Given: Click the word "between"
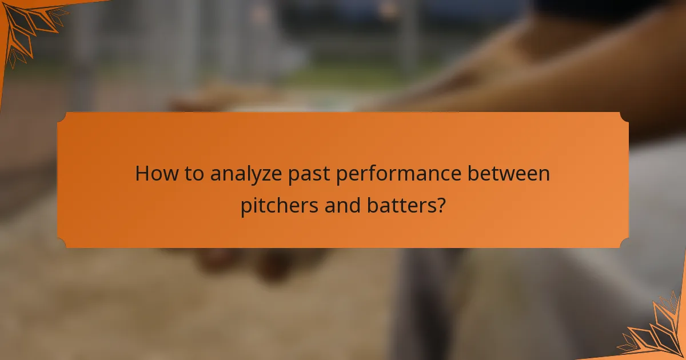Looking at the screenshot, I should [x=510, y=174].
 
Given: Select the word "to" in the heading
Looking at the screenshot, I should [x=192, y=174].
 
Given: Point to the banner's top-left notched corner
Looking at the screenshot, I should [x=62, y=117].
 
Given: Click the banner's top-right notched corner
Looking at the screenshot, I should [x=624, y=117].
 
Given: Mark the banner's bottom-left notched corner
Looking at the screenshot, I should [x=62, y=243].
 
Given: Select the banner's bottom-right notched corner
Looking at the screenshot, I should [x=624, y=243].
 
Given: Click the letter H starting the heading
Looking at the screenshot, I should [x=141, y=174].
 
